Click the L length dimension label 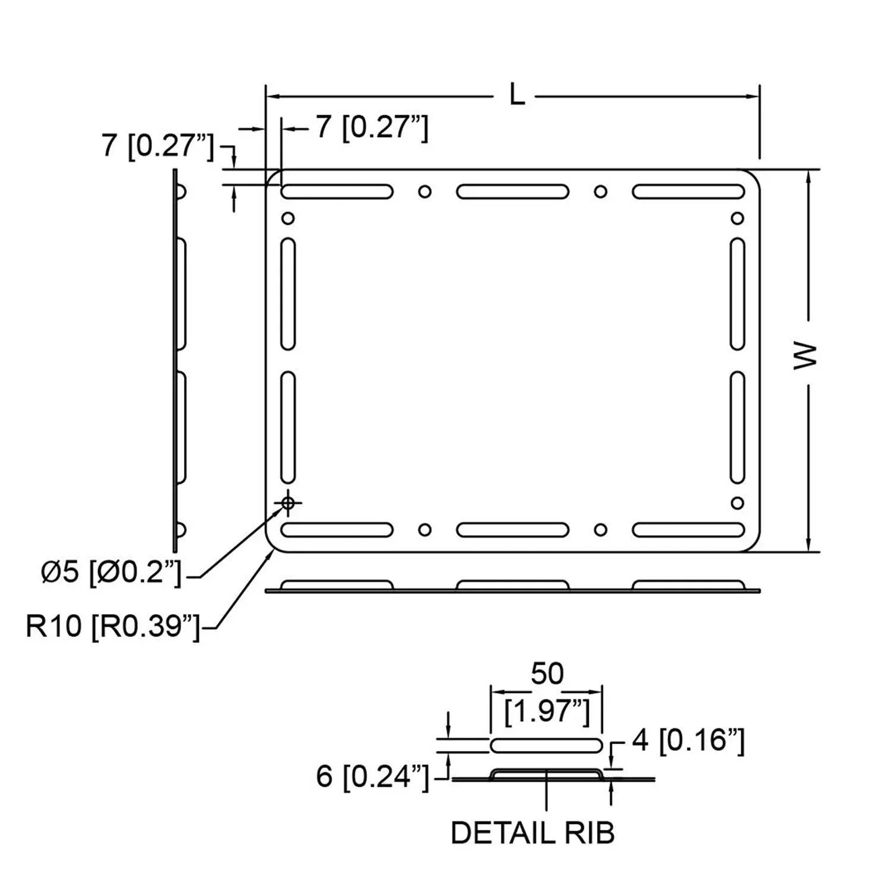tap(517, 95)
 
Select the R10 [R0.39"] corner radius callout tap(113, 626)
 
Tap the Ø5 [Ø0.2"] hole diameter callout tap(111, 573)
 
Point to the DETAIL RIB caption tap(533, 833)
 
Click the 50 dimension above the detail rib tap(547, 674)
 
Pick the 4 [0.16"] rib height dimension tap(688, 741)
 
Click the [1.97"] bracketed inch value tap(547, 711)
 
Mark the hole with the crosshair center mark tap(288, 503)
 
